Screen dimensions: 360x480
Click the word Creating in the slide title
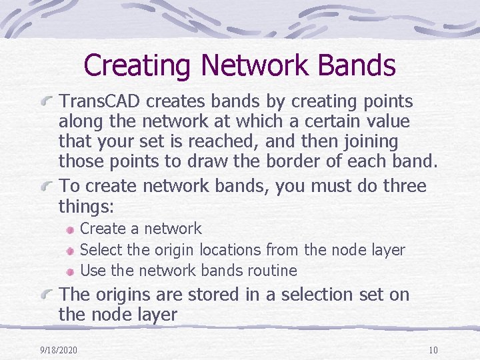(x=137, y=65)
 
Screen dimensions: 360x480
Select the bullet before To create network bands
(x=46, y=186)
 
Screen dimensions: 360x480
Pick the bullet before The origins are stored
(x=46, y=295)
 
